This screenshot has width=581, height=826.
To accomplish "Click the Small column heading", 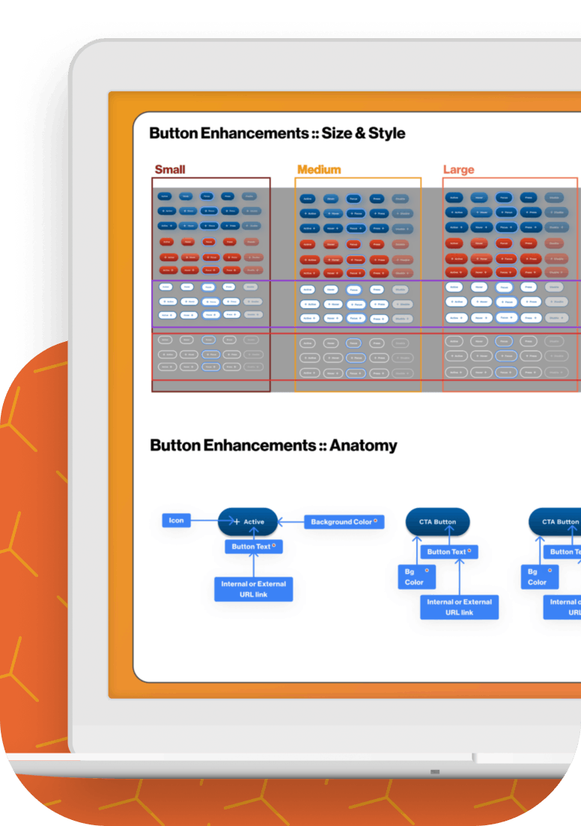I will pos(170,170).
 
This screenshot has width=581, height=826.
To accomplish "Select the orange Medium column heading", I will pos(319,170).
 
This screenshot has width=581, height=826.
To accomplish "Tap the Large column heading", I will pos(458,170).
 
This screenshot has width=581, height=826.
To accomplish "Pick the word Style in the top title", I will pos(387,134).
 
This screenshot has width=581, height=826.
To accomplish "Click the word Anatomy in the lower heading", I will pos(363,446).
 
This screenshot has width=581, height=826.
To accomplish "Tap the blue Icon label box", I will pos(176,521).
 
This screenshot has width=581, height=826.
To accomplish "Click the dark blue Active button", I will pos(248,521).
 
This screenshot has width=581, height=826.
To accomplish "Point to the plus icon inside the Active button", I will pos(237,522).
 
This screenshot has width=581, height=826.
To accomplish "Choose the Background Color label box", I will pos(344,521).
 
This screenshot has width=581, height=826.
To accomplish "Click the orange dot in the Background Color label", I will pos(375,521).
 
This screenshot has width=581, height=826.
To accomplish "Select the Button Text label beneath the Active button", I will pos(253,546).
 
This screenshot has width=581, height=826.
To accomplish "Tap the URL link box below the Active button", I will pos(254,589).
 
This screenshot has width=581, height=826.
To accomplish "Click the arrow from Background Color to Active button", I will pos(290,521).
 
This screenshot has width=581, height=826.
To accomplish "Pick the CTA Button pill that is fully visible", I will pos(437,521).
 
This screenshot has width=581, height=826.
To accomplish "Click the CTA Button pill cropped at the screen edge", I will pos(556,521).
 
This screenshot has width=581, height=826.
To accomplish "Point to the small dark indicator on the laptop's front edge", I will pos(435,771).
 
